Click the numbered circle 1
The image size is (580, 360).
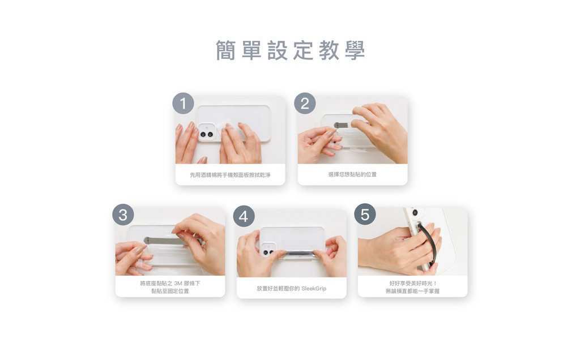(183, 104)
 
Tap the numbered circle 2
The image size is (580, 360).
(305, 104)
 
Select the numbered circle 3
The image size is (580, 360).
(123, 215)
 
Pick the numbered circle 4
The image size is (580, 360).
(244, 216)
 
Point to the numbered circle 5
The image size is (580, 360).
(365, 215)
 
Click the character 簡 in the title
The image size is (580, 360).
(225, 50)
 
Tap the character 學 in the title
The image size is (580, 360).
(355, 50)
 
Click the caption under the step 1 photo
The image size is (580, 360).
(230, 175)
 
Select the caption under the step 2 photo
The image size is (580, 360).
(352, 174)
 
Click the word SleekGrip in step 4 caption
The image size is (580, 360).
(314, 288)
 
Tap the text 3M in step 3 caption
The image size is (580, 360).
(178, 283)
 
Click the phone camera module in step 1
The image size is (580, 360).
(206, 131)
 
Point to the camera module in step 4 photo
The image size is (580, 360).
(268, 250)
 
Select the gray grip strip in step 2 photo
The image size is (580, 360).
(342, 125)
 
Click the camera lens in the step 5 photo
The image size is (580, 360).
(415, 212)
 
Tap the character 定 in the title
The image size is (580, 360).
(304, 50)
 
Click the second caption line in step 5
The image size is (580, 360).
(412, 291)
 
